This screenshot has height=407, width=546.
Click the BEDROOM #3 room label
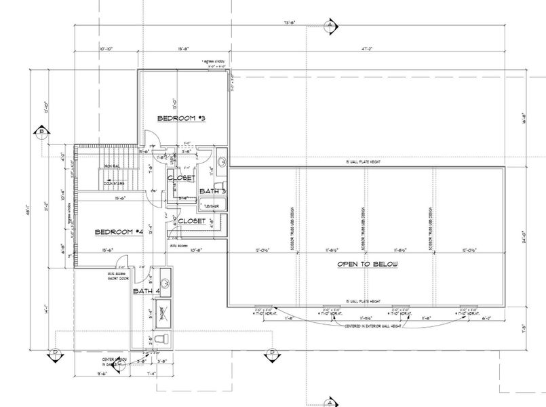pos(181,119)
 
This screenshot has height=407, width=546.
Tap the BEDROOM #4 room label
pos(119,232)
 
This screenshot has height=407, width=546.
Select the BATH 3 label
pos(212,191)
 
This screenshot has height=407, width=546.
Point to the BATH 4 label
pos(147,292)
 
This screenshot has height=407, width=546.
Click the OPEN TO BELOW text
pos(368,264)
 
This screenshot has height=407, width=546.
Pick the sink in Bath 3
pos(222,162)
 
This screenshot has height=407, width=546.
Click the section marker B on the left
pos(41,131)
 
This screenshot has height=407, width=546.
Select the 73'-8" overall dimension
pos(290,22)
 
